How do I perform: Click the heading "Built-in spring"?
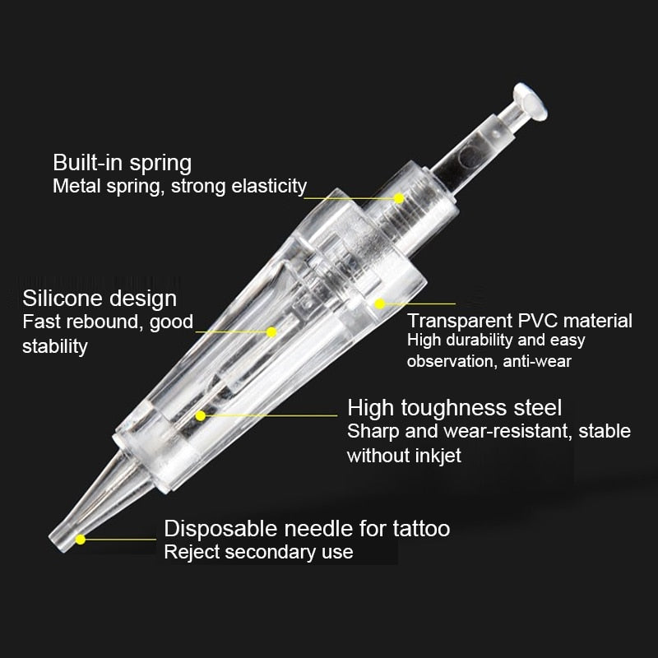(122, 163)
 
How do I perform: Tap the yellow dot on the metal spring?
(399, 198)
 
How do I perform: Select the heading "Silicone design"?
(100, 299)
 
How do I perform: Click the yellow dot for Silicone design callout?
(271, 332)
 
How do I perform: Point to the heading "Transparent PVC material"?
(520, 321)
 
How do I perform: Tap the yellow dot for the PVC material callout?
(379, 304)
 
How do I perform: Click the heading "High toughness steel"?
(455, 407)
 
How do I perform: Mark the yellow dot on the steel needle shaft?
(201, 415)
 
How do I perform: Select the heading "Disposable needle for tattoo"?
(307, 528)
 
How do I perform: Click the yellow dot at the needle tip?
(80, 539)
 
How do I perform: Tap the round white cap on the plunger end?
(531, 101)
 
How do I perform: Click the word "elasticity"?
(269, 186)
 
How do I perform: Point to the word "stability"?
(55, 346)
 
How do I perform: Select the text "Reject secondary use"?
(258, 552)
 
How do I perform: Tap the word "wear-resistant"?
(507, 431)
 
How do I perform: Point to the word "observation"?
(451, 361)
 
